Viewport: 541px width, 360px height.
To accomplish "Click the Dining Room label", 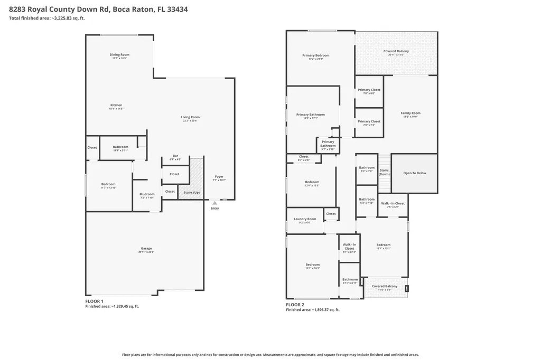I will [119, 55].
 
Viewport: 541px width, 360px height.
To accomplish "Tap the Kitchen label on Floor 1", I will [116, 105].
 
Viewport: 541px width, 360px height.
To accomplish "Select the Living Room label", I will [190, 117].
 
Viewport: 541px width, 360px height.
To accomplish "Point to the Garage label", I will [146, 249].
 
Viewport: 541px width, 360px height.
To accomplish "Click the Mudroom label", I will [147, 194].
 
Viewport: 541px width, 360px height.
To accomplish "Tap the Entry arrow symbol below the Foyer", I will [214, 202].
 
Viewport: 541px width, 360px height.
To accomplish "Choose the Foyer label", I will [219, 177].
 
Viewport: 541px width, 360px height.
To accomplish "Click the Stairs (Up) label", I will [191, 192].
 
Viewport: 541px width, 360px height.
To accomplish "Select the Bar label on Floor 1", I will [175, 156].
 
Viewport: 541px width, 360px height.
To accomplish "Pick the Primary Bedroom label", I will [316, 55].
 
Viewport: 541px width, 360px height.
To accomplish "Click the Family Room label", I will [411, 113].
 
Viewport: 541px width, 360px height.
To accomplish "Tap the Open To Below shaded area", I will [414, 173].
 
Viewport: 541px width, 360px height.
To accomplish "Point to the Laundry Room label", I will [305, 219].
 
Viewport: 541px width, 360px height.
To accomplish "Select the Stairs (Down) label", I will [384, 172].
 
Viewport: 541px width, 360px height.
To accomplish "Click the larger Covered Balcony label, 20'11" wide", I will [396, 51].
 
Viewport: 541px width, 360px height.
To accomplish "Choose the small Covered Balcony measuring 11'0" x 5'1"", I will [385, 287].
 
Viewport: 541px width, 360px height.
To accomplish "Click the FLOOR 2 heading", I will [295, 305].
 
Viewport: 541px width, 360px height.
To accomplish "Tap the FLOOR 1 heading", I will [94, 301].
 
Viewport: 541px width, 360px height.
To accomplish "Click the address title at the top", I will [98, 9].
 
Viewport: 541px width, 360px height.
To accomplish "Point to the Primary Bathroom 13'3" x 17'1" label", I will [311, 115].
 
